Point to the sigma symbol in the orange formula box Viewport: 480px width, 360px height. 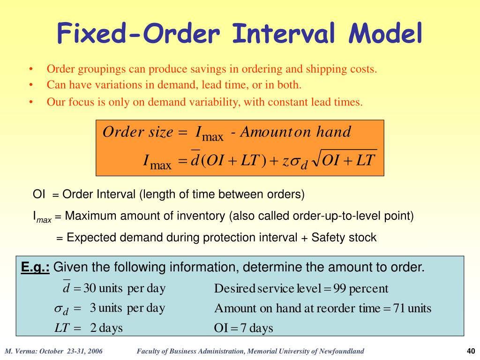pyautogui.click(x=295, y=161)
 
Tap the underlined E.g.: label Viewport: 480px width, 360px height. pyautogui.click(x=36, y=268)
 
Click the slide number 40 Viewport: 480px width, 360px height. pyautogui.click(x=471, y=352)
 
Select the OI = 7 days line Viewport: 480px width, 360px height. pyautogui.click(x=243, y=328)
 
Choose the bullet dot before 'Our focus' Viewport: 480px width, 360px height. pyautogui.click(x=30, y=102)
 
